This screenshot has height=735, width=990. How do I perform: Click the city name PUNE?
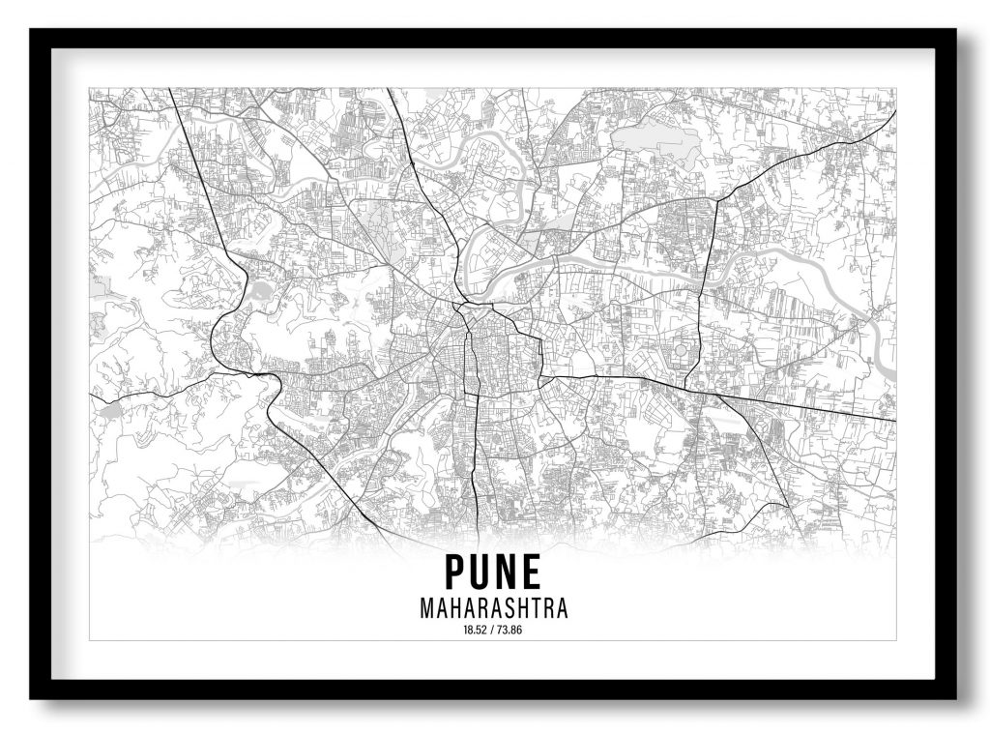(x=493, y=572)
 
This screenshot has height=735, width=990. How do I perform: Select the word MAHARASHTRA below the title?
(x=493, y=609)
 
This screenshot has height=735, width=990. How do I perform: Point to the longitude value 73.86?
(x=510, y=631)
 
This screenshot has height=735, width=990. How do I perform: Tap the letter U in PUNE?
(x=481, y=572)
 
